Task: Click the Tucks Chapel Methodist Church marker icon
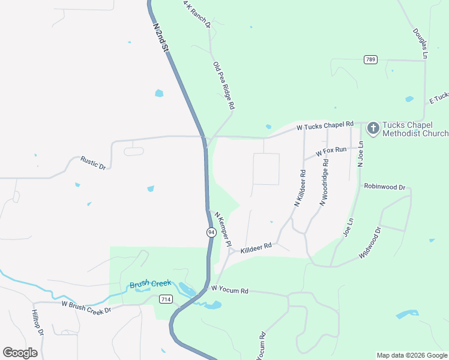pyautogui.click(x=373, y=128)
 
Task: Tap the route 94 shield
pyautogui.click(x=211, y=232)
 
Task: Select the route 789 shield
pyautogui.click(x=370, y=59)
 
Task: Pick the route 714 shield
pyautogui.click(x=166, y=299)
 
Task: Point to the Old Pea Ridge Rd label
pyautogui.click(x=223, y=85)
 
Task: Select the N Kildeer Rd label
pyautogui.click(x=300, y=188)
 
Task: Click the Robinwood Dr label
pyautogui.click(x=384, y=187)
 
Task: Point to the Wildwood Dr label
pyautogui.click(x=370, y=243)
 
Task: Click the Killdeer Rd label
pyautogui.click(x=256, y=247)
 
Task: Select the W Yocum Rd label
pyautogui.click(x=229, y=290)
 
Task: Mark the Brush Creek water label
pyautogui.click(x=151, y=284)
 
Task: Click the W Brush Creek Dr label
pyautogui.click(x=86, y=307)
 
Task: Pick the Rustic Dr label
pyautogui.click(x=93, y=163)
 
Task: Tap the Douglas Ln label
pyautogui.click(x=420, y=43)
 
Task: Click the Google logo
pyautogui.click(x=20, y=353)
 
